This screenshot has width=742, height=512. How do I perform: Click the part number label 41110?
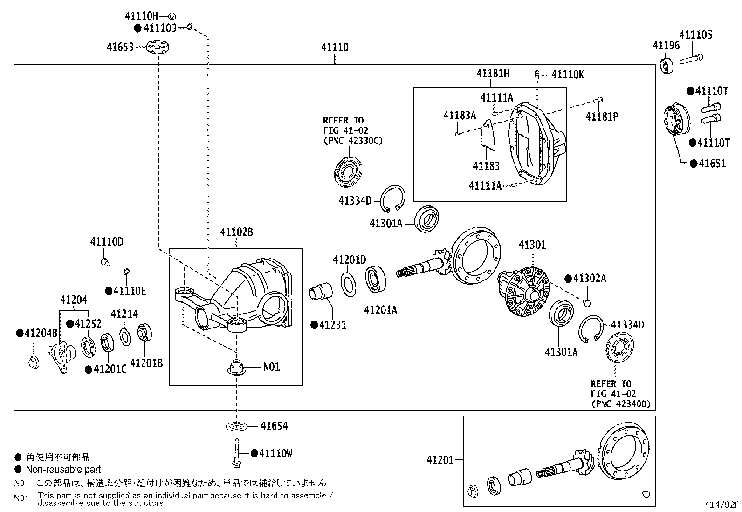click(x=334, y=48)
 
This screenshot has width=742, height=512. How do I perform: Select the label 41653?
click(x=120, y=47)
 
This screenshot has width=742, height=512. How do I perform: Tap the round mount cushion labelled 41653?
click(x=158, y=47)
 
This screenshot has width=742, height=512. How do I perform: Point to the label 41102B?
click(x=236, y=232)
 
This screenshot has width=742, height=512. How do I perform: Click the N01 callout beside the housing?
click(x=271, y=367)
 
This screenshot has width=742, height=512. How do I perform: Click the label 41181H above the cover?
click(x=493, y=73)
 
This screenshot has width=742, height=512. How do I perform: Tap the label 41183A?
click(x=460, y=116)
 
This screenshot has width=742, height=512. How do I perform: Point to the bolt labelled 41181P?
click(x=599, y=99)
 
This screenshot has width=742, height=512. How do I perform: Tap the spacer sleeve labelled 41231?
click(x=321, y=293)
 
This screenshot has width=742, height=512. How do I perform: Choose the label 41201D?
click(x=349, y=259)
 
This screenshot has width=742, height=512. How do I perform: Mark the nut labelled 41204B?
click(x=34, y=362)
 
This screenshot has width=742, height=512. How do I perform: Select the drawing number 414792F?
click(x=722, y=505)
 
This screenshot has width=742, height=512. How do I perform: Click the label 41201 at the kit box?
click(x=440, y=460)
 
